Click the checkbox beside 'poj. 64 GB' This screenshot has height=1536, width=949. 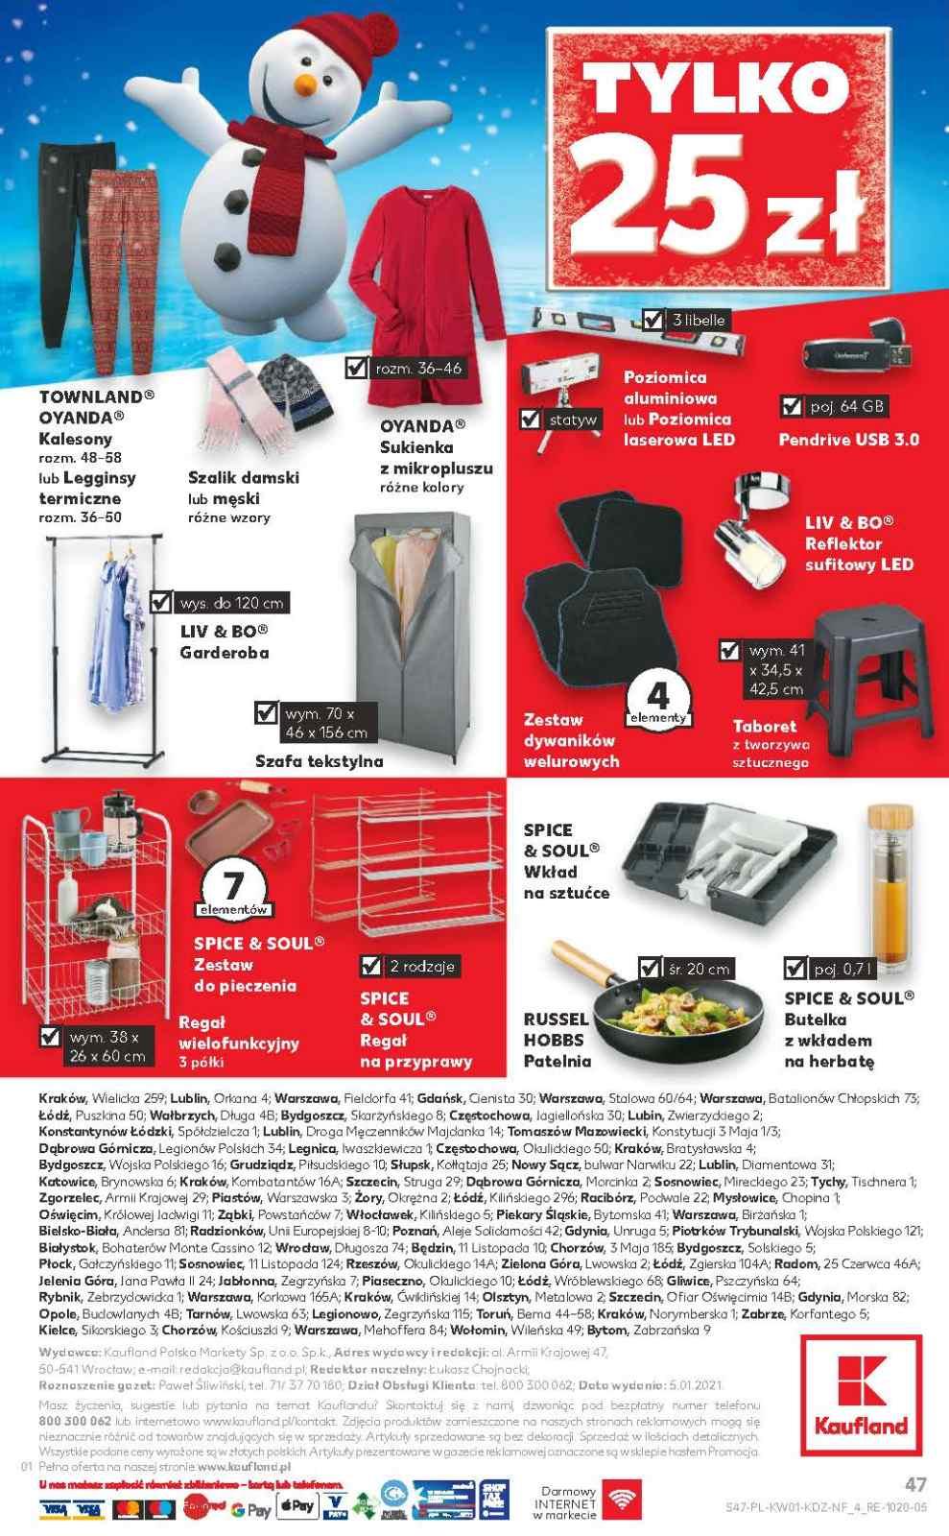pyautogui.click(x=792, y=406)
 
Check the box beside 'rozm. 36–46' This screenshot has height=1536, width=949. pyautogui.click(x=356, y=368)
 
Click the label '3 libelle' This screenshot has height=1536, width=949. pyautogui.click(x=698, y=320)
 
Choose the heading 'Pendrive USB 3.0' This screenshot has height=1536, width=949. pyautogui.click(x=849, y=440)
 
